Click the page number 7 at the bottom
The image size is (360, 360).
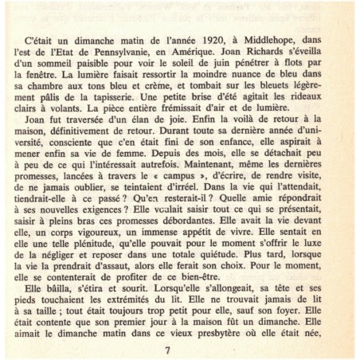pos(166,351)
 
